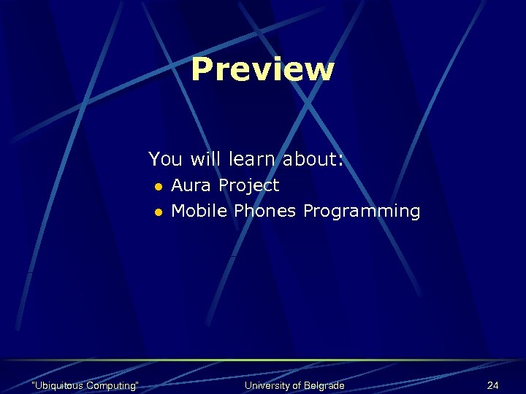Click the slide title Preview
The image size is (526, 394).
(x=262, y=70)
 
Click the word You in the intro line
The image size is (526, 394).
(x=166, y=158)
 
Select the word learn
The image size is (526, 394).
(x=252, y=158)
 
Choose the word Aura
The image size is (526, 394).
(x=191, y=185)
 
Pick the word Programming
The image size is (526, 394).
(x=362, y=212)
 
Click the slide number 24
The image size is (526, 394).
(x=492, y=385)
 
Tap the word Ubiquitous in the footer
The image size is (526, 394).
(x=59, y=385)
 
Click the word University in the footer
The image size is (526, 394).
(x=267, y=385)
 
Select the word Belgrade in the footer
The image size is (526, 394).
(x=323, y=385)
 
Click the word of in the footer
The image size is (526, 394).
(x=295, y=385)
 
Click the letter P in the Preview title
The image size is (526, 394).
(x=201, y=70)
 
